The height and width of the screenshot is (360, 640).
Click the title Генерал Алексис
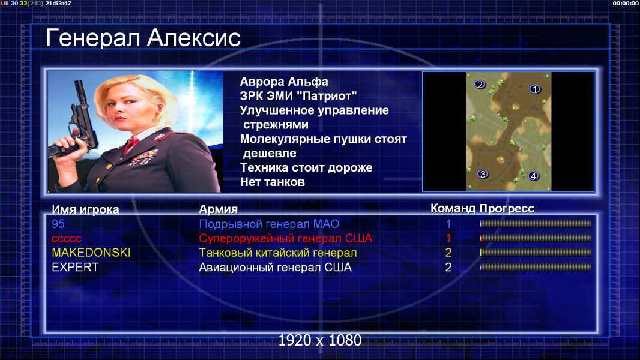(x=143, y=38)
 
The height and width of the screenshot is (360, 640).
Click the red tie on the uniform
(x=131, y=145)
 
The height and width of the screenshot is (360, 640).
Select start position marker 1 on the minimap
(x=535, y=89)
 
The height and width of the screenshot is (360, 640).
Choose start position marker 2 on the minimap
(x=480, y=85)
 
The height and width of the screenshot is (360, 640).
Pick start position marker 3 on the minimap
(x=483, y=174)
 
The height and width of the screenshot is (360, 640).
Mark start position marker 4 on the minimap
(x=533, y=176)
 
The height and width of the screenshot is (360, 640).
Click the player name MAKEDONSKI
(x=91, y=253)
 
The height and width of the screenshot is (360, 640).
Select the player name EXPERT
(x=75, y=268)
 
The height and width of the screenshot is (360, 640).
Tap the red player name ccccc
(x=67, y=239)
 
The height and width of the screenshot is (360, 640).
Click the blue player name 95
(x=58, y=224)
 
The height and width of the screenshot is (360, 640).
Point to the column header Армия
(x=218, y=209)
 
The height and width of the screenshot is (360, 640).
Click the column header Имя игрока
(x=85, y=209)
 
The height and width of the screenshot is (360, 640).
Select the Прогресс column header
(x=507, y=209)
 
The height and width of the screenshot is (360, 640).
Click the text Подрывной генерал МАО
(x=269, y=224)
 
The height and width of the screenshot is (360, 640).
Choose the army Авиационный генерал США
(x=275, y=268)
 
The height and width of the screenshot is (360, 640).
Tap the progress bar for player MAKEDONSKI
(x=536, y=253)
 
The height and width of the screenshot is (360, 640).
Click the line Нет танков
(x=272, y=182)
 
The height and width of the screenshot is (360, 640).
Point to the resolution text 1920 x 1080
(x=319, y=340)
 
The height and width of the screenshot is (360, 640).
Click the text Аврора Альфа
(x=283, y=82)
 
